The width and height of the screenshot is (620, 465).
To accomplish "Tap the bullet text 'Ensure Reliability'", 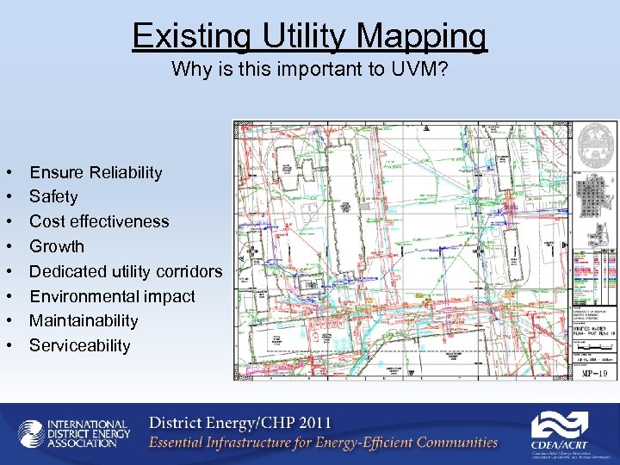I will (x=96, y=172).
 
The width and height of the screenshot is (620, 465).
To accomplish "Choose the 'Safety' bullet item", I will (x=53, y=197).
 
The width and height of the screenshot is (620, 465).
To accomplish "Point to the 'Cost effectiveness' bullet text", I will (x=99, y=221).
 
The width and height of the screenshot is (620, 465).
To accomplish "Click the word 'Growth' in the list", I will (x=57, y=246).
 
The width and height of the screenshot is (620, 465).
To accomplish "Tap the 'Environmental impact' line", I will (x=112, y=296).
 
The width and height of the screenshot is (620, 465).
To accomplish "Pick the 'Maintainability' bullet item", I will (x=84, y=320).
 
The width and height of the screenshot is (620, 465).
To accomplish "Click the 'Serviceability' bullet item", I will (x=79, y=345).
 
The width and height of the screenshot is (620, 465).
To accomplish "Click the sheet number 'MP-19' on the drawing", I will (x=594, y=372).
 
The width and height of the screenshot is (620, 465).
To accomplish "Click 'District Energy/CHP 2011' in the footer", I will (x=239, y=424).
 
